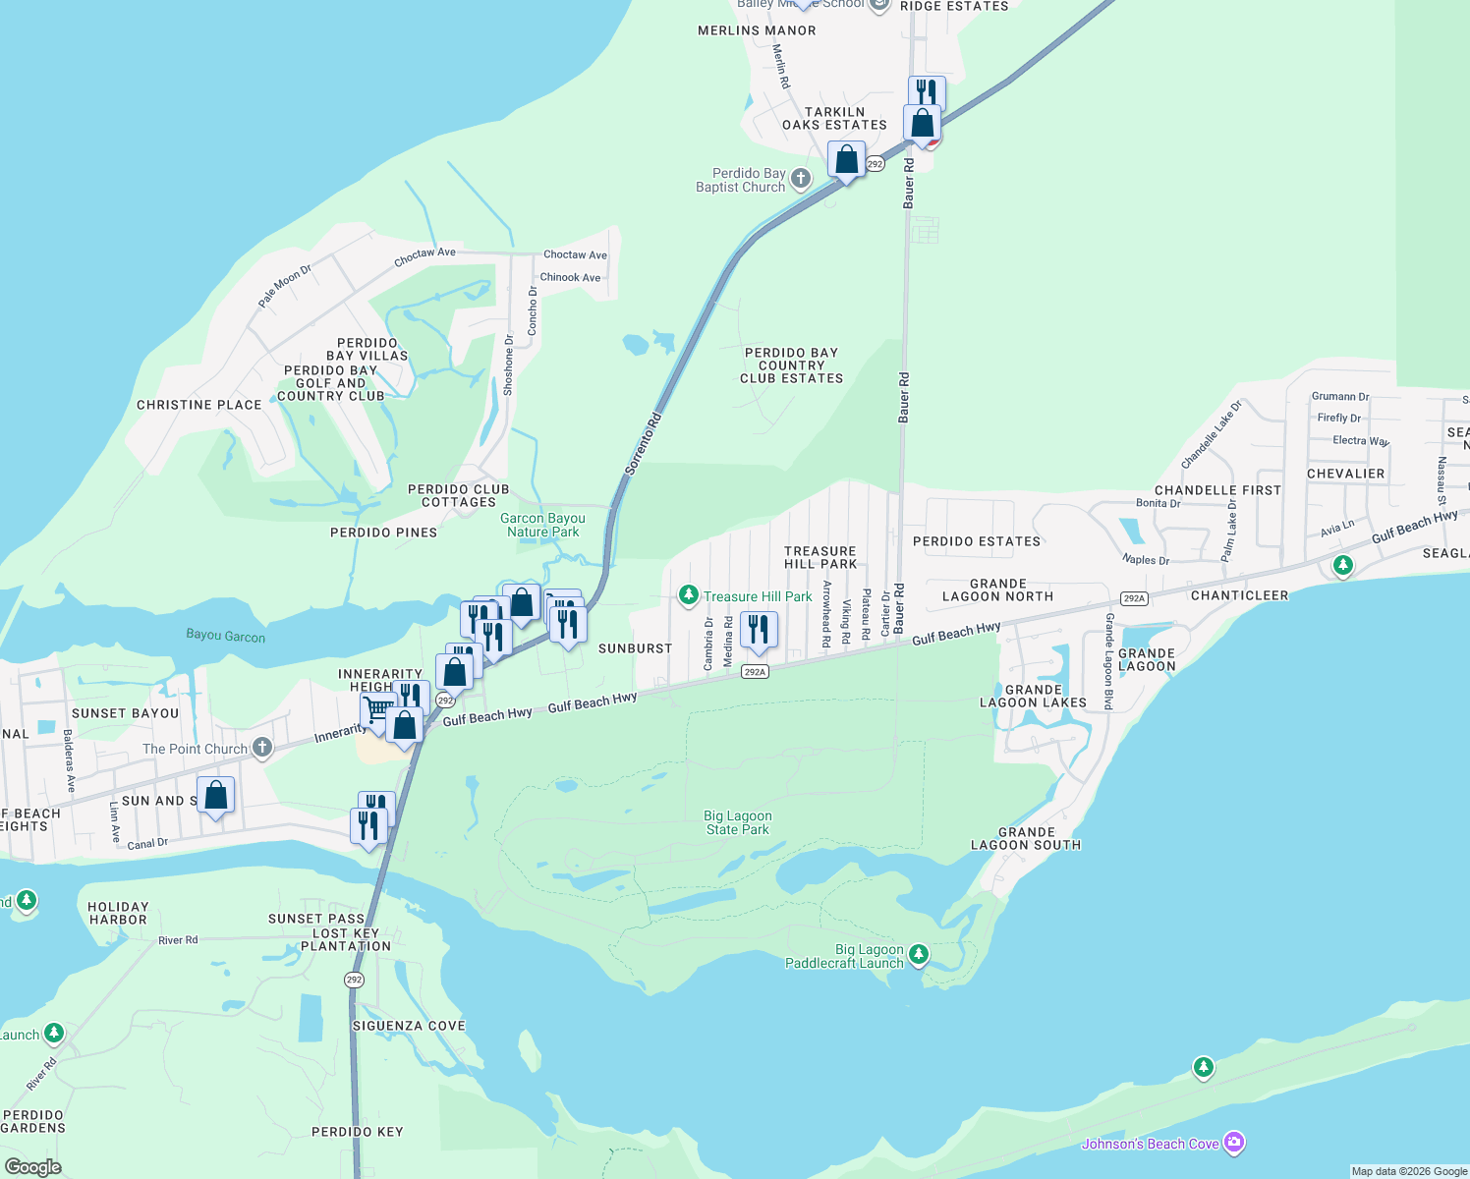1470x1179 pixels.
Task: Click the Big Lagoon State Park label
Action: click(737, 822)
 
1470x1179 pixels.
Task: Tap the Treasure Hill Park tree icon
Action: click(689, 595)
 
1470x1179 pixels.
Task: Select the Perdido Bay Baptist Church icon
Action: click(801, 179)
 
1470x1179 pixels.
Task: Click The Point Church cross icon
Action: click(261, 748)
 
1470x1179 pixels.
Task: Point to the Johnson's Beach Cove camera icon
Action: click(1234, 1142)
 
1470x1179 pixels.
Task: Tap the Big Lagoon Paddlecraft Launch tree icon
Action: click(919, 953)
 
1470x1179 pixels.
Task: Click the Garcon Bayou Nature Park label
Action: click(542, 525)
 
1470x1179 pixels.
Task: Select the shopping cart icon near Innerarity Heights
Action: click(377, 709)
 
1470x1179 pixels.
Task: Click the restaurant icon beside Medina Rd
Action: click(758, 630)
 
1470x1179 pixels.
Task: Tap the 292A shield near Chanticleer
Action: click(1133, 598)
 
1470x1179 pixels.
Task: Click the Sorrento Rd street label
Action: click(644, 444)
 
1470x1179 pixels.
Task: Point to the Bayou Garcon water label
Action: click(225, 636)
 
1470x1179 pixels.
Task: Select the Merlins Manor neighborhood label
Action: click(757, 30)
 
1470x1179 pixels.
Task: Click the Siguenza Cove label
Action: click(409, 1025)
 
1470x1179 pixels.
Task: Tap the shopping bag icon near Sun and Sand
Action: click(215, 796)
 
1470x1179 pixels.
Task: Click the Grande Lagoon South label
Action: click(1026, 838)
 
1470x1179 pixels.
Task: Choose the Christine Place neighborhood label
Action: click(199, 405)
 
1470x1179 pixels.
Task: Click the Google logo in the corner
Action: click(32, 1167)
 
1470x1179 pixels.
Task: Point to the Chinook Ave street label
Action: click(570, 277)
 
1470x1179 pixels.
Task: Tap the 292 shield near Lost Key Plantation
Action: click(354, 980)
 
